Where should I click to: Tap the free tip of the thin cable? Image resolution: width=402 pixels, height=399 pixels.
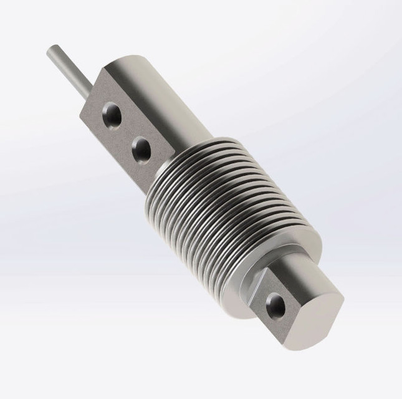[51, 49]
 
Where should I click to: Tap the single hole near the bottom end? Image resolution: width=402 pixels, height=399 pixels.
[275, 305]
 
